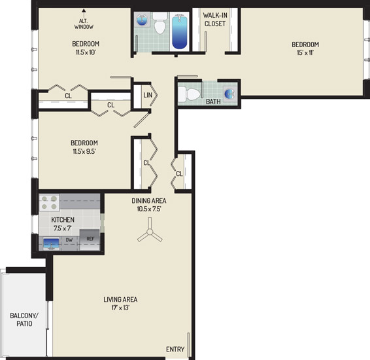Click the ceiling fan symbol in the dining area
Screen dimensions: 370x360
click(x=150, y=232)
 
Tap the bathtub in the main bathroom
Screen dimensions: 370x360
click(x=180, y=31)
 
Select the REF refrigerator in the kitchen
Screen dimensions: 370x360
click(x=90, y=240)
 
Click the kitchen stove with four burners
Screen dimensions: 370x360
click(x=49, y=202)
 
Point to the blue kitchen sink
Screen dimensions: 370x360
click(x=51, y=243)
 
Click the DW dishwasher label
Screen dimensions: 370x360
click(x=69, y=240)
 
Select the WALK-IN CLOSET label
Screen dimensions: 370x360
click(x=215, y=20)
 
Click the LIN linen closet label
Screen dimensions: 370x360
click(x=148, y=95)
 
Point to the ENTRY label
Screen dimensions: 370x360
click(x=175, y=349)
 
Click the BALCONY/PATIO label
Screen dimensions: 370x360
click(x=24, y=319)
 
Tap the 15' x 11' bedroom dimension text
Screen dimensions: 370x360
click(x=305, y=52)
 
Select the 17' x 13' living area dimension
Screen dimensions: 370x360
click(x=120, y=308)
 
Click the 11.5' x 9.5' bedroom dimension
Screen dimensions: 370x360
click(x=84, y=151)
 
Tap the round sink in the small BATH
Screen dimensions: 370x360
click(x=229, y=94)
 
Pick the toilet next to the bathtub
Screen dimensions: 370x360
click(x=160, y=23)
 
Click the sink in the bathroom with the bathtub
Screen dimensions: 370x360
click(x=143, y=20)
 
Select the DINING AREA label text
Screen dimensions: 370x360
click(x=149, y=200)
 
